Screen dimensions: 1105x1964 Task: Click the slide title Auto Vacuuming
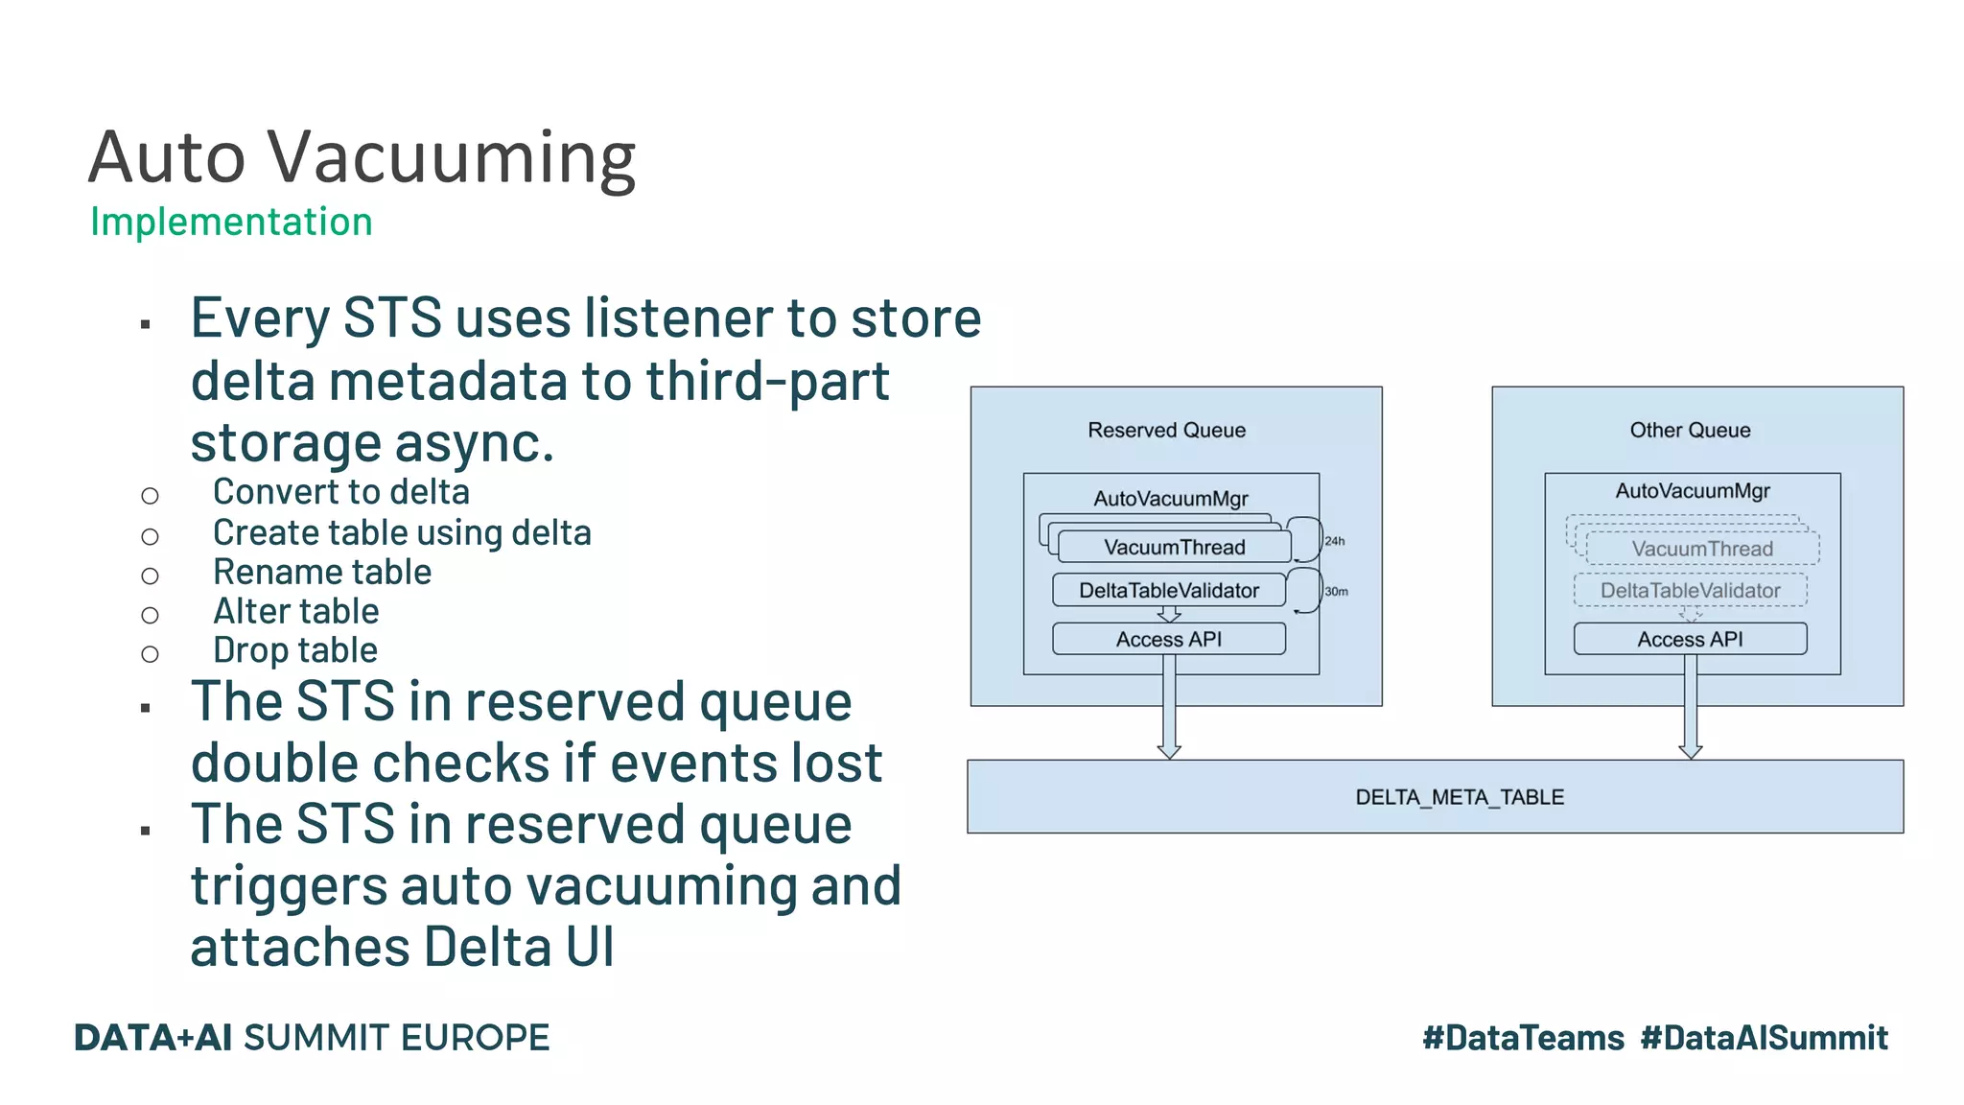(x=362, y=157)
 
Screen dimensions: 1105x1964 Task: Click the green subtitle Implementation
(x=231, y=222)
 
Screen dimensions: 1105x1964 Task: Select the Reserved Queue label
(x=1166, y=431)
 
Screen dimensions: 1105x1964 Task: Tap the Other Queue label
(x=1690, y=431)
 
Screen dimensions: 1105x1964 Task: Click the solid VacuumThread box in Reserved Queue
(x=1174, y=548)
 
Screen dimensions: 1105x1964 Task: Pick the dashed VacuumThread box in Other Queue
(x=1702, y=550)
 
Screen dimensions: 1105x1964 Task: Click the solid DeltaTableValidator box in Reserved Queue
(x=1168, y=591)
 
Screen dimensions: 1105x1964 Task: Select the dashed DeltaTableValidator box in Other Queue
(x=1690, y=591)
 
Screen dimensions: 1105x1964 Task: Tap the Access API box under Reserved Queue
(x=1168, y=640)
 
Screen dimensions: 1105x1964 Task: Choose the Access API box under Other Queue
(x=1690, y=640)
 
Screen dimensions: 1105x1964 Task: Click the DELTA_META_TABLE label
(x=1459, y=797)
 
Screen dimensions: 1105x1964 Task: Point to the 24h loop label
(x=1334, y=542)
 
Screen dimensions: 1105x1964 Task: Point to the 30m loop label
(x=1336, y=592)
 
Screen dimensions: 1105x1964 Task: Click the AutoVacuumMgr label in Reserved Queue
(x=1171, y=499)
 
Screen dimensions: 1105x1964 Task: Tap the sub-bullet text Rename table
(x=322, y=573)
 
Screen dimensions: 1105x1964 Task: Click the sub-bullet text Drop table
(x=295, y=651)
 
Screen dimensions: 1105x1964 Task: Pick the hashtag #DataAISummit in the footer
(x=1764, y=1038)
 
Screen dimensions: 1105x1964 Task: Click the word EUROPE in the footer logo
(x=475, y=1038)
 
